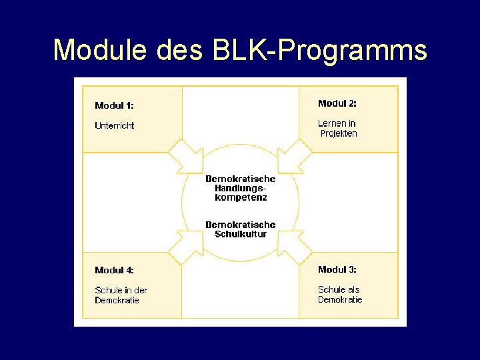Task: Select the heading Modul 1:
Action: [x=114, y=105]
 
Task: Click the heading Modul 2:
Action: [x=337, y=103]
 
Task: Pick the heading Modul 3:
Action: [x=337, y=269]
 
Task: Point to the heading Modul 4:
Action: [x=114, y=270]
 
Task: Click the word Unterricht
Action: [x=115, y=125]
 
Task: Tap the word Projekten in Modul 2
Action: [x=339, y=133]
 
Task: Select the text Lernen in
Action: [x=337, y=123]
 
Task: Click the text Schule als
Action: [x=339, y=289]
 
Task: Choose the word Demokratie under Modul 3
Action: [x=340, y=299]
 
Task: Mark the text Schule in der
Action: [x=121, y=290]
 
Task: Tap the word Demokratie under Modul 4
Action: [x=117, y=300]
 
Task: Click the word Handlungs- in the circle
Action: [x=240, y=188]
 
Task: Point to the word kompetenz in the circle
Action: [x=240, y=197]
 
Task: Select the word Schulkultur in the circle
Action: [x=240, y=234]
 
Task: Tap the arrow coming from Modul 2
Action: [x=293, y=157]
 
